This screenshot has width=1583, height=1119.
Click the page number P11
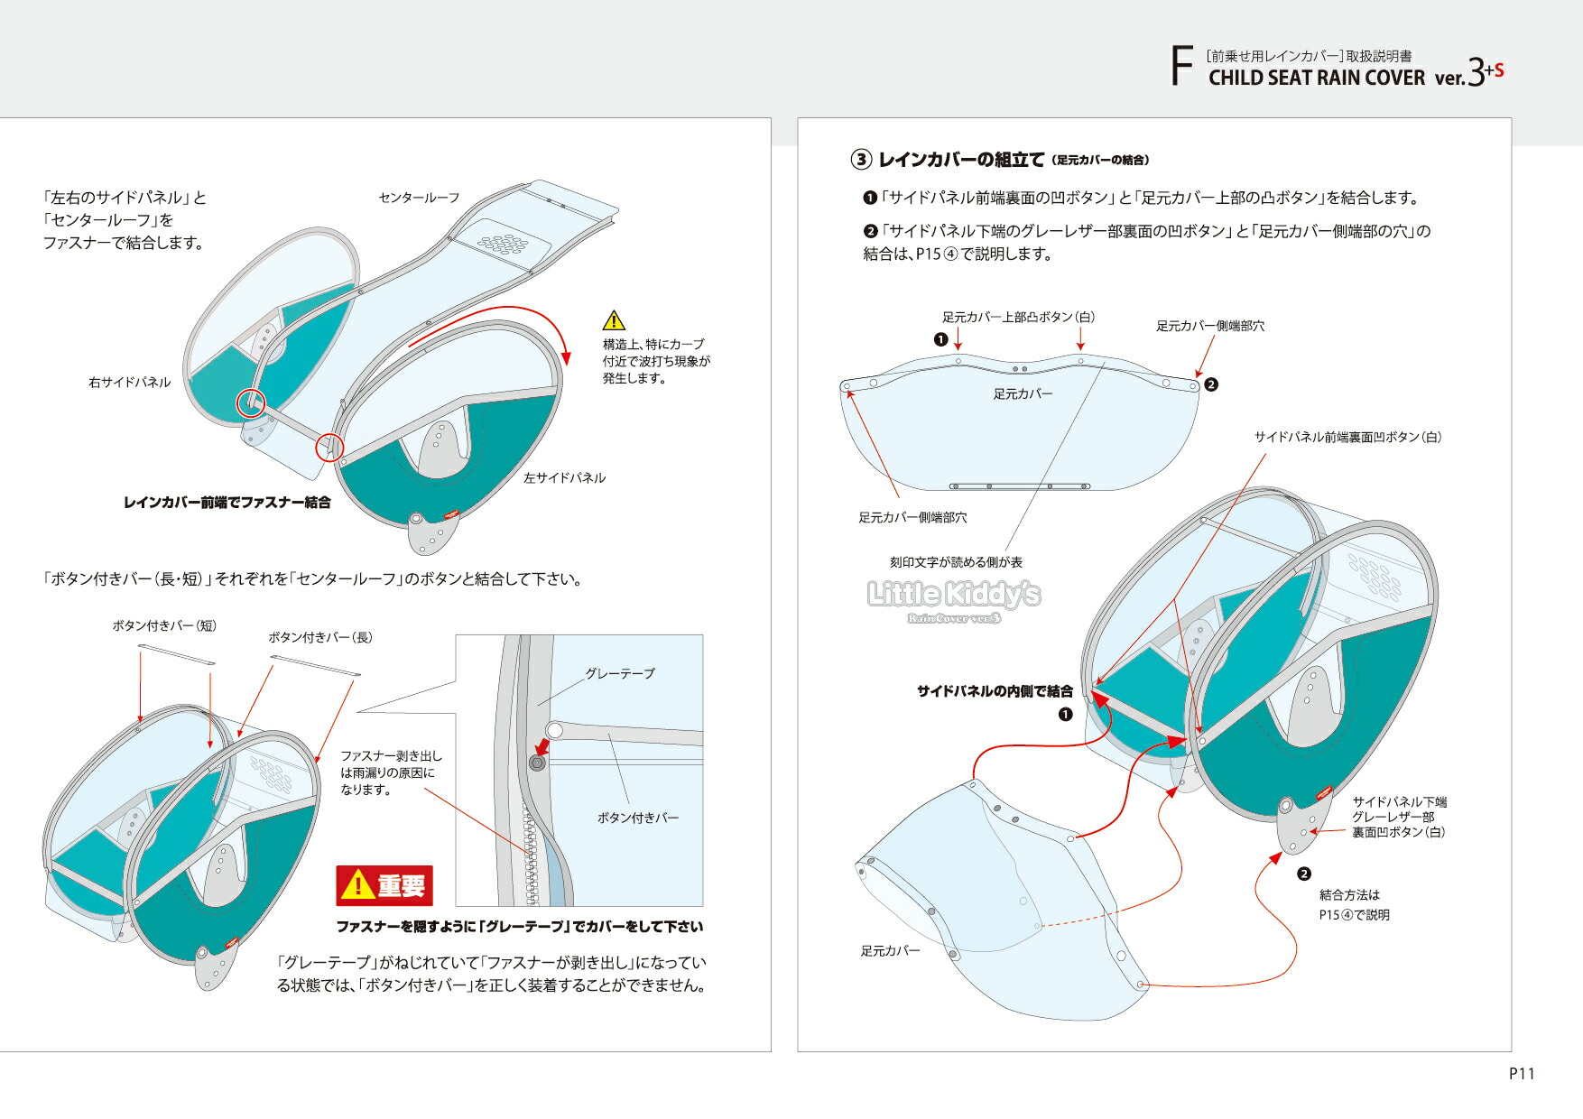point(1521,1073)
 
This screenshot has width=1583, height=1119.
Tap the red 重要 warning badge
point(384,885)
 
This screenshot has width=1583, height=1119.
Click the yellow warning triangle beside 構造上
point(614,320)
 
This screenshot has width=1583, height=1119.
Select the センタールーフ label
point(419,198)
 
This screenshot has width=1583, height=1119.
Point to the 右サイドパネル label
point(129,383)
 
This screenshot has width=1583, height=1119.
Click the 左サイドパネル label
point(564,478)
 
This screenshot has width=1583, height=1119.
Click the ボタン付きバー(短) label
point(164,625)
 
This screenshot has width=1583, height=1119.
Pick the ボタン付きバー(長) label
point(319,637)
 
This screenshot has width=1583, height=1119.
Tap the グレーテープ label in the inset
point(620,673)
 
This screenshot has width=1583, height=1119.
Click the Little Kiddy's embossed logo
point(954,595)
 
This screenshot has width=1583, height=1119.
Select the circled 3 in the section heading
point(861,160)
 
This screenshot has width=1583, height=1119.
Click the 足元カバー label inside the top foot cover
point(1023,394)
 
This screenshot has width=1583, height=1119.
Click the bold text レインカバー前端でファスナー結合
point(227,503)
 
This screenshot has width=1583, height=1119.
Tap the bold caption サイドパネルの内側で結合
point(995,691)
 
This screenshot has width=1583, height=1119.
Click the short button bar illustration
point(177,654)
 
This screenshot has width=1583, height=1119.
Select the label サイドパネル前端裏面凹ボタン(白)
point(1347,437)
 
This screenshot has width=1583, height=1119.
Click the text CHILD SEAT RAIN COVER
point(1316,79)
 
